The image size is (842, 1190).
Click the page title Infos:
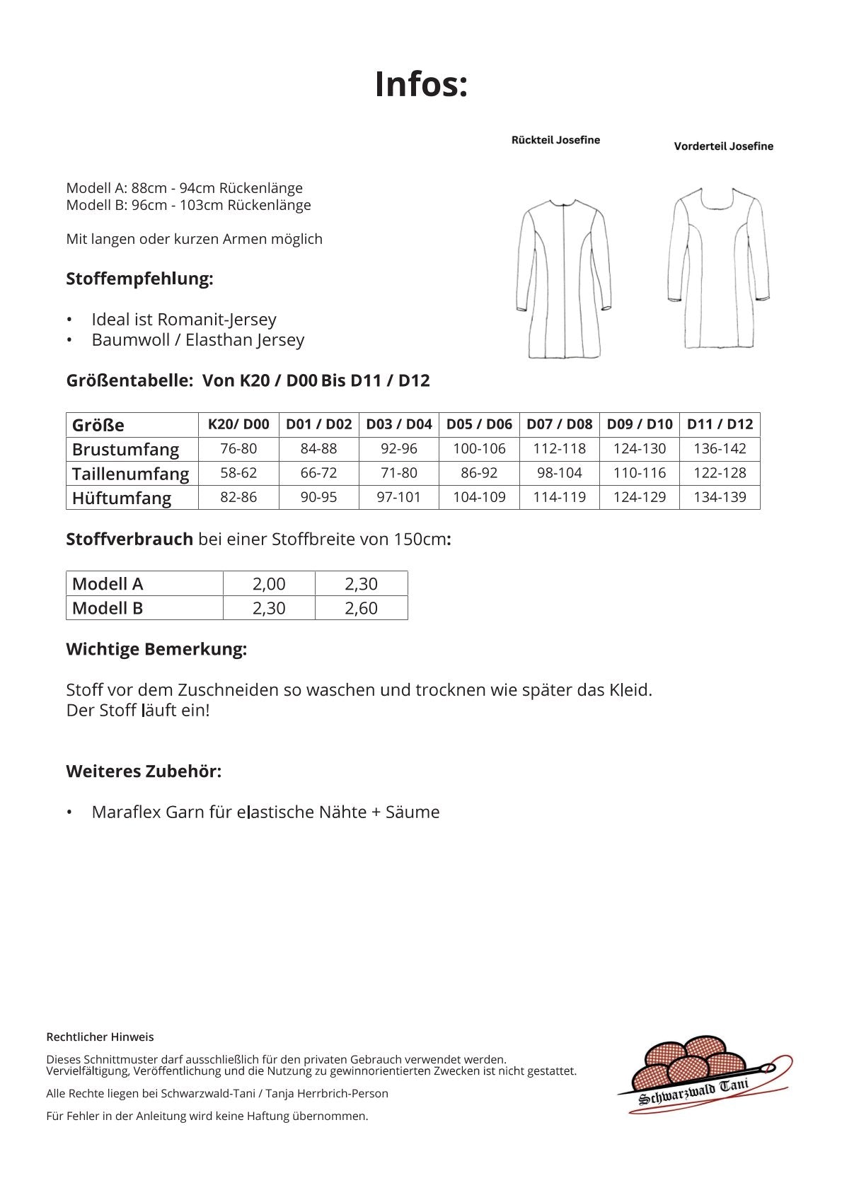(421, 84)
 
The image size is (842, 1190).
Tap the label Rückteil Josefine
(555, 140)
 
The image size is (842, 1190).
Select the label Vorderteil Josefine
(723, 146)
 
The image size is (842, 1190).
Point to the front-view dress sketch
(718, 268)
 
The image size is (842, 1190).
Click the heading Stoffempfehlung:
(139, 279)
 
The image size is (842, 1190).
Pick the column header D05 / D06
(479, 424)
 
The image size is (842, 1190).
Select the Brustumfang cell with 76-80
(238, 448)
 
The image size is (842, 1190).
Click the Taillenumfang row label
(131, 473)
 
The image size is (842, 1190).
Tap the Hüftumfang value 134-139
(720, 497)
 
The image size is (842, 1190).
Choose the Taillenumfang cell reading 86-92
(479, 473)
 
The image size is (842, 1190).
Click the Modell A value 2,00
(269, 583)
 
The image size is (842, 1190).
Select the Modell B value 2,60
(361, 608)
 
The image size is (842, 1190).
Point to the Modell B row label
(108, 608)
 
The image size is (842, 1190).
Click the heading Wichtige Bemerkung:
(156, 649)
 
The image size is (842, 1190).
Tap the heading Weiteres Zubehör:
(144, 771)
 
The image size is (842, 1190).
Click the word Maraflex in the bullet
(126, 812)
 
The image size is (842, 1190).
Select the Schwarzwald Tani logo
(704, 1075)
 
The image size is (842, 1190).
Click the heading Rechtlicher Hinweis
(100, 1037)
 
